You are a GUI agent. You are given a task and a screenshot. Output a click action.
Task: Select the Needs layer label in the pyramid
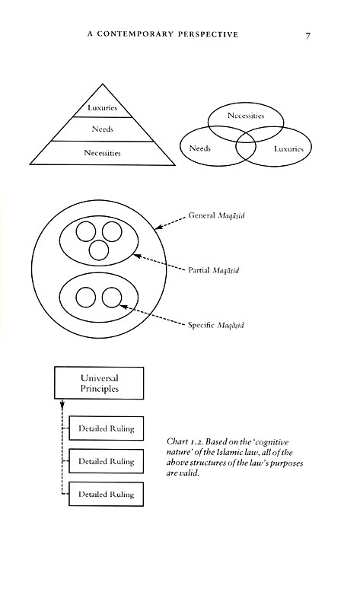(x=103, y=129)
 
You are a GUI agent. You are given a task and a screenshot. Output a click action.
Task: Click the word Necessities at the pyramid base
(x=103, y=152)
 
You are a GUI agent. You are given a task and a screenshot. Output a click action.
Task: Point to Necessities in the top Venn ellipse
(x=245, y=116)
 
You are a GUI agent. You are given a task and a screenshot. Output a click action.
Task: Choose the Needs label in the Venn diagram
(x=200, y=149)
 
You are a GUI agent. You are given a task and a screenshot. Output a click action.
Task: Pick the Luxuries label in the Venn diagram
(x=288, y=149)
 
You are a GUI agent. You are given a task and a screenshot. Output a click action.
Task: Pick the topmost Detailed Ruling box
(x=106, y=428)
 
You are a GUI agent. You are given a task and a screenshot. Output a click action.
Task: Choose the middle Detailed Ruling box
(x=106, y=461)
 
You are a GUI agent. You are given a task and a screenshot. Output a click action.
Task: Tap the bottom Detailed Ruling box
(x=106, y=494)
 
